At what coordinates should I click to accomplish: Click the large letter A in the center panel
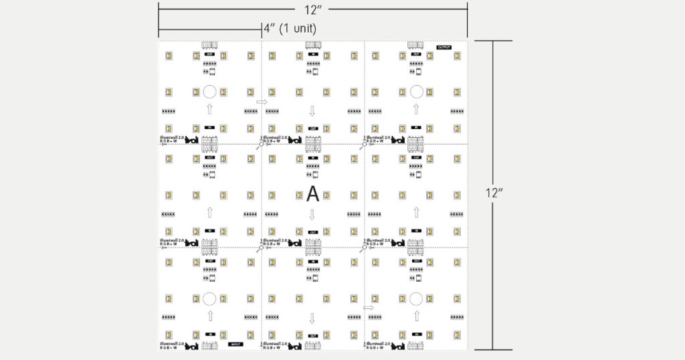click(312, 195)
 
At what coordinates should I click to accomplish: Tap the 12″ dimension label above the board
click(312, 9)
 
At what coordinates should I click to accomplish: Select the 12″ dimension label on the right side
click(494, 193)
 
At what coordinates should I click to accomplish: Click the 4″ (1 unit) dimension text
click(289, 29)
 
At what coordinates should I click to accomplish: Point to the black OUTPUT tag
click(444, 48)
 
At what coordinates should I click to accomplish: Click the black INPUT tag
click(235, 344)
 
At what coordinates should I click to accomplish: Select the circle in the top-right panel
click(416, 92)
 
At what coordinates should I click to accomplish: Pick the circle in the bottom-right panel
click(416, 298)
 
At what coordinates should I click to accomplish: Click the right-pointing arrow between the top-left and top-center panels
click(261, 102)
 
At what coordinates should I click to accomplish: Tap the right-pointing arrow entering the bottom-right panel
click(367, 308)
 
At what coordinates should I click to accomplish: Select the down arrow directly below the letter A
click(312, 215)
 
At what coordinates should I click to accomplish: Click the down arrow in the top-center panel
click(312, 110)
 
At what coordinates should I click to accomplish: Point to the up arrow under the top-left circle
click(209, 109)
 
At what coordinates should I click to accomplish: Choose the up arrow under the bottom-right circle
click(416, 316)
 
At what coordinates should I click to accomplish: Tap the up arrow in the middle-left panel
click(209, 213)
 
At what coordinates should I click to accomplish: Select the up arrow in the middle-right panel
click(416, 213)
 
